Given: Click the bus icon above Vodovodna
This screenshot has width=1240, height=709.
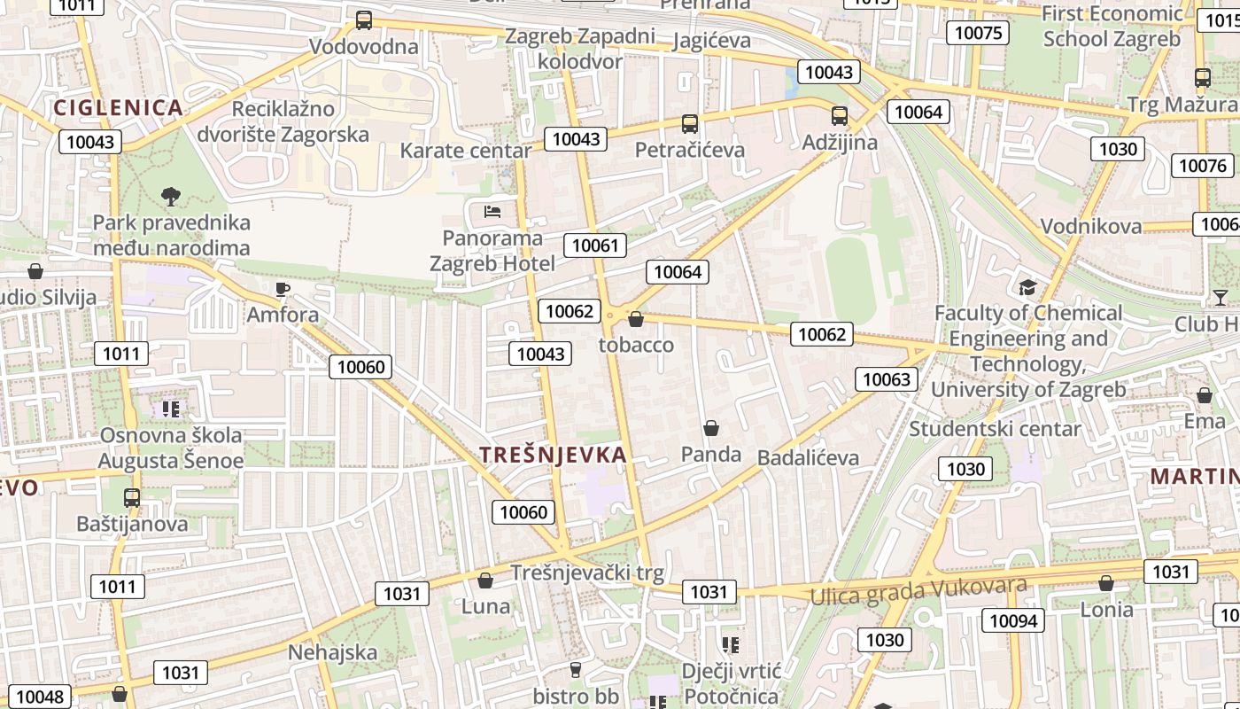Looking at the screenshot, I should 363,20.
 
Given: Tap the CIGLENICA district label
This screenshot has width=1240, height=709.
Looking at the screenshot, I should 118,108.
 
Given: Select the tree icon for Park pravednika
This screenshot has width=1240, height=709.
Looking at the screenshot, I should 171,196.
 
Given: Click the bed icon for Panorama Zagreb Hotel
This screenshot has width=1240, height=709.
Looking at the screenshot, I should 492,211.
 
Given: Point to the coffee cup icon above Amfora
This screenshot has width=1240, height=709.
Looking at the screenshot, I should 283,289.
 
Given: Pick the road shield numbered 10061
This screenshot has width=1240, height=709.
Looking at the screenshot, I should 595,245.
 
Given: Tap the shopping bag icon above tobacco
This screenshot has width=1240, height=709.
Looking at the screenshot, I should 635,319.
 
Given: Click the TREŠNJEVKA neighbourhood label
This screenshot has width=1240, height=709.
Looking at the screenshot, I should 553,455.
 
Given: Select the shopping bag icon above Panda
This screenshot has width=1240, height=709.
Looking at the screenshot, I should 710,429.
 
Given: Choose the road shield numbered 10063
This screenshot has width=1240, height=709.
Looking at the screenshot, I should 886,379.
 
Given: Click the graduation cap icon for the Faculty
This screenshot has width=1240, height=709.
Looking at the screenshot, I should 1027,287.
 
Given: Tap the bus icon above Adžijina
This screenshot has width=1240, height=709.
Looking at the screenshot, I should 839,116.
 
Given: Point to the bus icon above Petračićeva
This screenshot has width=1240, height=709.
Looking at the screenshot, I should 689,124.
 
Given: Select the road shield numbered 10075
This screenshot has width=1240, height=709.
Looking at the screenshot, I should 979,33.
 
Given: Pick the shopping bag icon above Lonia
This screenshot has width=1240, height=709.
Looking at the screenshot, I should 1105,583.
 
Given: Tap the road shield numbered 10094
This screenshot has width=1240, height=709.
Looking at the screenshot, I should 1013,620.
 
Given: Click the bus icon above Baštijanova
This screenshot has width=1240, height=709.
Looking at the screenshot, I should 131,498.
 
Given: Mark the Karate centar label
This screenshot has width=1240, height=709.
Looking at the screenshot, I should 465,151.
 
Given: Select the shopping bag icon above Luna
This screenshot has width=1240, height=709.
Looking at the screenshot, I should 484,580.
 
